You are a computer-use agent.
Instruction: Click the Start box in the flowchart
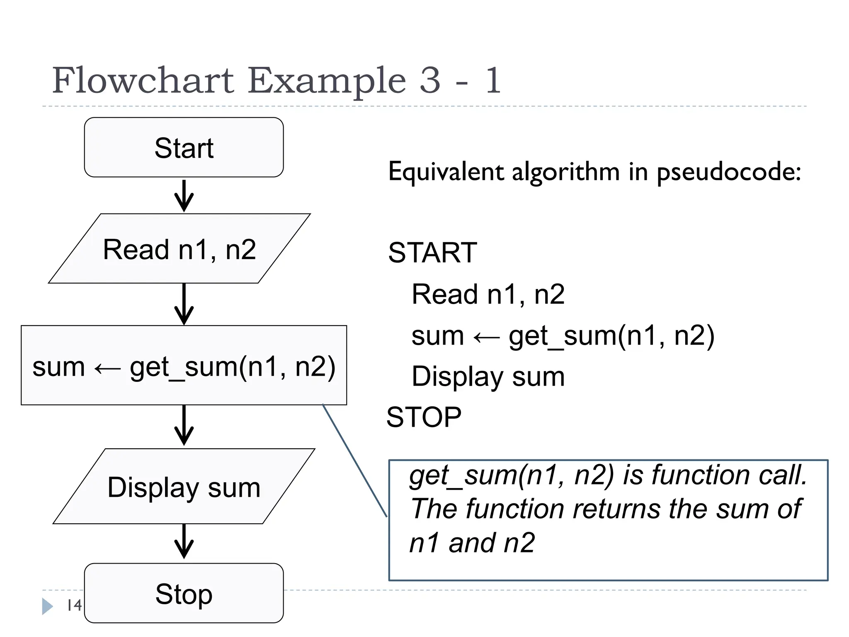[x=184, y=148]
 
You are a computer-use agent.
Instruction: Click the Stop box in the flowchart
[x=184, y=593]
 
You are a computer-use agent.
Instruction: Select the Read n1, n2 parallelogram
[x=179, y=249]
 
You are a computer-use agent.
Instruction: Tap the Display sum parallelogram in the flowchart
[x=184, y=487]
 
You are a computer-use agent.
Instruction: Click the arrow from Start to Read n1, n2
[x=184, y=196]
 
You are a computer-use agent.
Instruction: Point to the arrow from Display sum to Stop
[x=184, y=541]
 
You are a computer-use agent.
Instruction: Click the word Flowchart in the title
[x=143, y=80]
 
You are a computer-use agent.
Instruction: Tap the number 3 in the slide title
[x=430, y=80]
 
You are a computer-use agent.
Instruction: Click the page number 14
[x=74, y=605]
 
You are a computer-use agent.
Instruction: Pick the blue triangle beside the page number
[x=47, y=606]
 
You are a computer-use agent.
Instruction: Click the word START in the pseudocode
[x=432, y=253]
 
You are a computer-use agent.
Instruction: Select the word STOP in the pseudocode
[x=424, y=417]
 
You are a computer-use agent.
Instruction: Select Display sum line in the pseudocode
[x=488, y=377]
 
